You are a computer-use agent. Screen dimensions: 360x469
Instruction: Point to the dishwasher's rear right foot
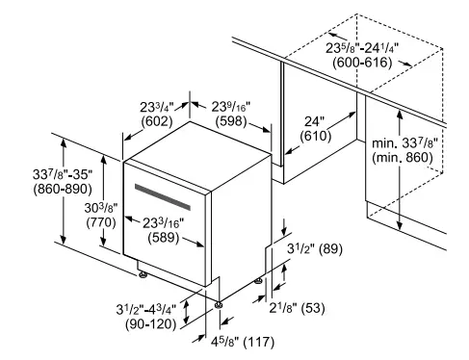pos(258,279)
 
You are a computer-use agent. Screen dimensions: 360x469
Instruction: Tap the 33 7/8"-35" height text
pos(35,173)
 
